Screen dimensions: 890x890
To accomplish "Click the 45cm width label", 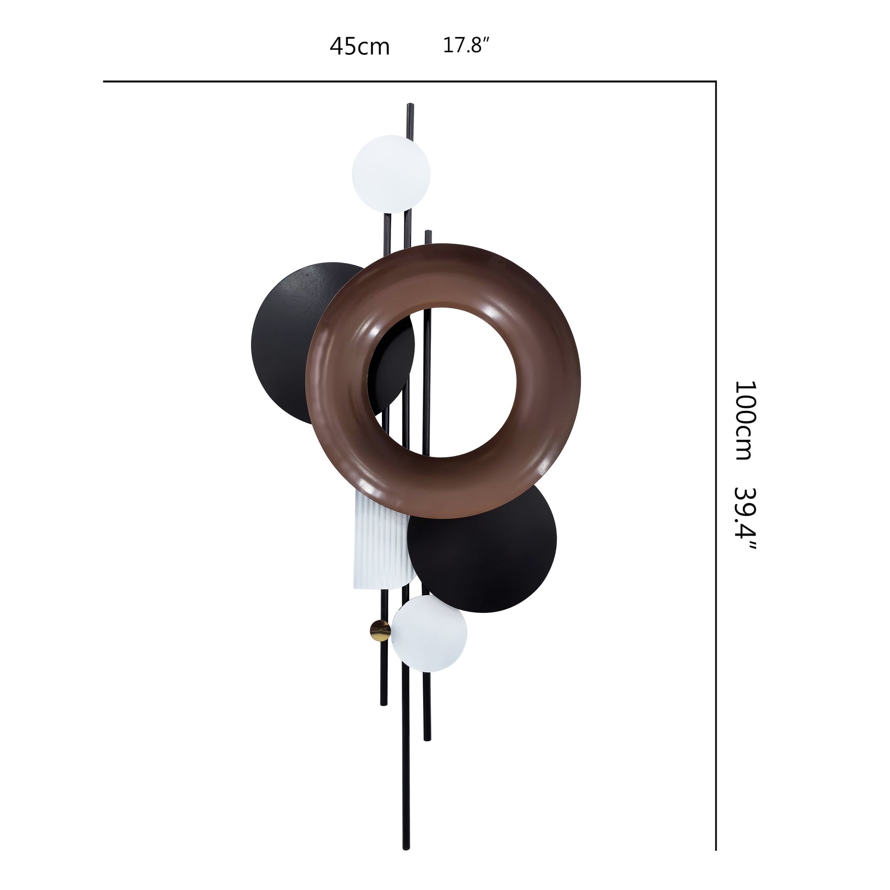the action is pyautogui.click(x=360, y=47).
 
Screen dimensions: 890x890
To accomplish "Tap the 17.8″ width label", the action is pyautogui.click(x=466, y=45).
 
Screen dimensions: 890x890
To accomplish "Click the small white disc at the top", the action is pyautogui.click(x=391, y=174).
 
